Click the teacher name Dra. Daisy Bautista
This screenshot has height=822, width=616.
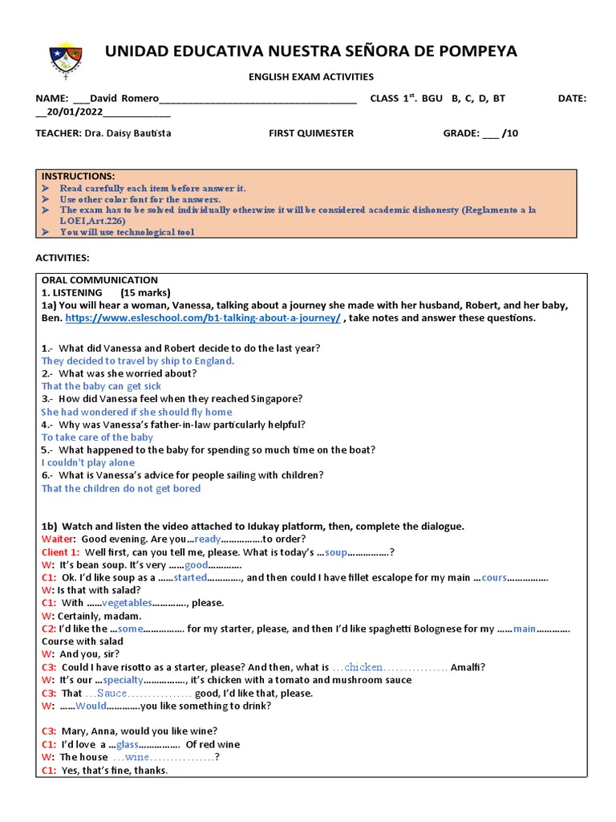tap(127, 133)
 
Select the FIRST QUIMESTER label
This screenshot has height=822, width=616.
tap(310, 133)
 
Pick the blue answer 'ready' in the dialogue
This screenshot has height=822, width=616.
tap(207, 539)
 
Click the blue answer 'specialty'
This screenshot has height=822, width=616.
tap(124, 680)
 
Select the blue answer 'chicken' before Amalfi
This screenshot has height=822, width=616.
tap(363, 667)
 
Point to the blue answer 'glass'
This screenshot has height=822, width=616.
tap(128, 744)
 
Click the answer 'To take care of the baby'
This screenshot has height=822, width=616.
tap(97, 437)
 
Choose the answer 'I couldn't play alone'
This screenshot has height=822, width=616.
tap(88, 463)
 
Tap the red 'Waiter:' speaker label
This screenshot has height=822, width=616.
tap(59, 539)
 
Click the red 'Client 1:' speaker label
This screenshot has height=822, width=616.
tap(61, 552)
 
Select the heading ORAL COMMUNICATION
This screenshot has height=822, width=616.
tap(99, 280)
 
